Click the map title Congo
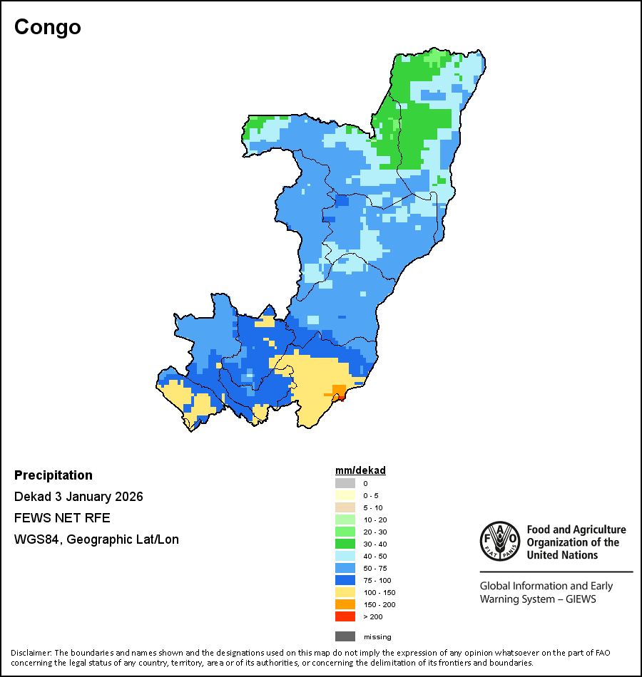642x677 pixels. [48, 27]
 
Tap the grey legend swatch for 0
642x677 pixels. [345, 483]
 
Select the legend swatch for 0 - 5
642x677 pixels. [345, 495]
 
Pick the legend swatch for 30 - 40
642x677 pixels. [345, 544]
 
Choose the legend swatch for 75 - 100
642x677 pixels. [345, 580]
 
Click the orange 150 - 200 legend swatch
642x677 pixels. [345, 604]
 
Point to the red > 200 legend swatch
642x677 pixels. [345, 616]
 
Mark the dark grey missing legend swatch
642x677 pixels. [345, 636]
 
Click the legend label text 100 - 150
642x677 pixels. [379, 592]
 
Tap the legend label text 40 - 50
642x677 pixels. [376, 556]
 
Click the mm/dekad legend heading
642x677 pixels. [360, 470]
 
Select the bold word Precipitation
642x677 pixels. [53, 475]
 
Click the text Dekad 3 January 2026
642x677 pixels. [78, 497]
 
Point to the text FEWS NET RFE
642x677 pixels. [62, 518]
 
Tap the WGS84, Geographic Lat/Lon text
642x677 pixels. [96, 539]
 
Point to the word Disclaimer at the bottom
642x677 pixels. [30, 653]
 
